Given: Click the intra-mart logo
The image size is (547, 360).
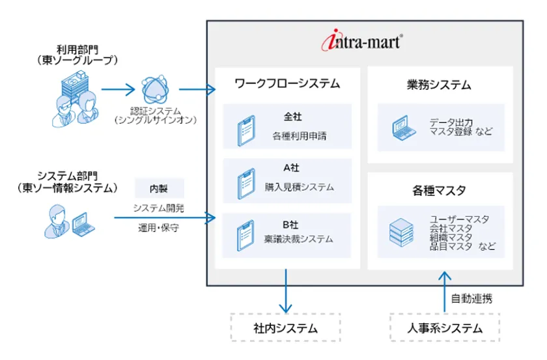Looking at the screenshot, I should click(363, 42).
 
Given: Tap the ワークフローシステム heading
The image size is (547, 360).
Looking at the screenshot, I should click(287, 84).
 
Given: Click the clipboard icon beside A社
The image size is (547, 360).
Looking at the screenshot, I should click(244, 183).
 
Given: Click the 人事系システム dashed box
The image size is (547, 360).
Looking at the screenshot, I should click(444, 327).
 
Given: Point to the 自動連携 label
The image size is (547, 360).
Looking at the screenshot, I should click(472, 299).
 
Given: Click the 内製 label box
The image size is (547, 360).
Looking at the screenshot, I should click(159, 189).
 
